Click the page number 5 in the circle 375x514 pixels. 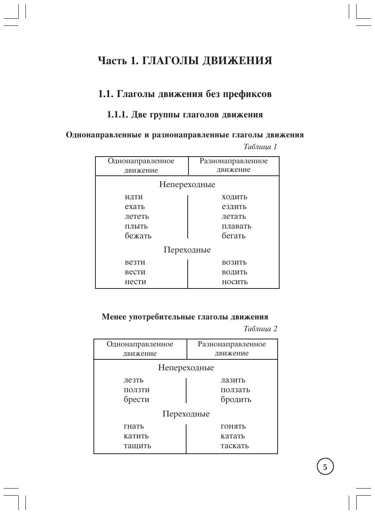[x=325, y=467]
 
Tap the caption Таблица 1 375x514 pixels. [x=260, y=147]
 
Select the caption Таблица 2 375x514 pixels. [x=260, y=329]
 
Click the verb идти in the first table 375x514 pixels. [x=134, y=197]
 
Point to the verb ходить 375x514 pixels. [x=234, y=197]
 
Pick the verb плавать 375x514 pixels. [x=236, y=226]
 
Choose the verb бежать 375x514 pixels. [x=138, y=236]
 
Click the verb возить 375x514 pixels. [x=234, y=262]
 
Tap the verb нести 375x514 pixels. [x=135, y=282]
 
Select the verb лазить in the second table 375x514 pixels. [x=233, y=380]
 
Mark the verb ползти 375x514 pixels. [x=136, y=390]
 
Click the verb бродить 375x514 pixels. [x=236, y=400]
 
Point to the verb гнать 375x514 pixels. [x=134, y=426]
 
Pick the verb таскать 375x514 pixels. [x=235, y=446]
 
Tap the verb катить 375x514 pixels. [x=136, y=436]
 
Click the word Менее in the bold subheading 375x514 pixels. [x=114, y=317]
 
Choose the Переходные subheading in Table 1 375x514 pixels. [x=187, y=250]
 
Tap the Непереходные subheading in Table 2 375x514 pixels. [x=186, y=368]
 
